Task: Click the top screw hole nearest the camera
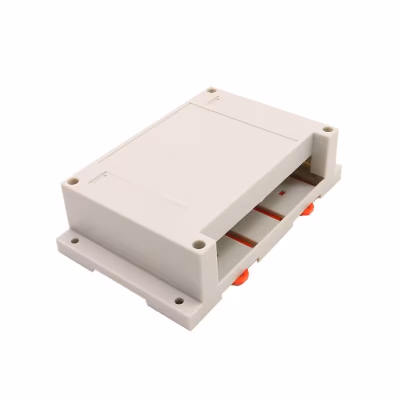[x=199, y=244]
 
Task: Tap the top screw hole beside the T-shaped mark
[x=211, y=90]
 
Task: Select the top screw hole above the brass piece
[x=327, y=129]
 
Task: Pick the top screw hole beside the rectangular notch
[x=73, y=180]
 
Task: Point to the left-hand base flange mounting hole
[x=75, y=240]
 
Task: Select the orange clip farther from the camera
[x=307, y=209]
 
